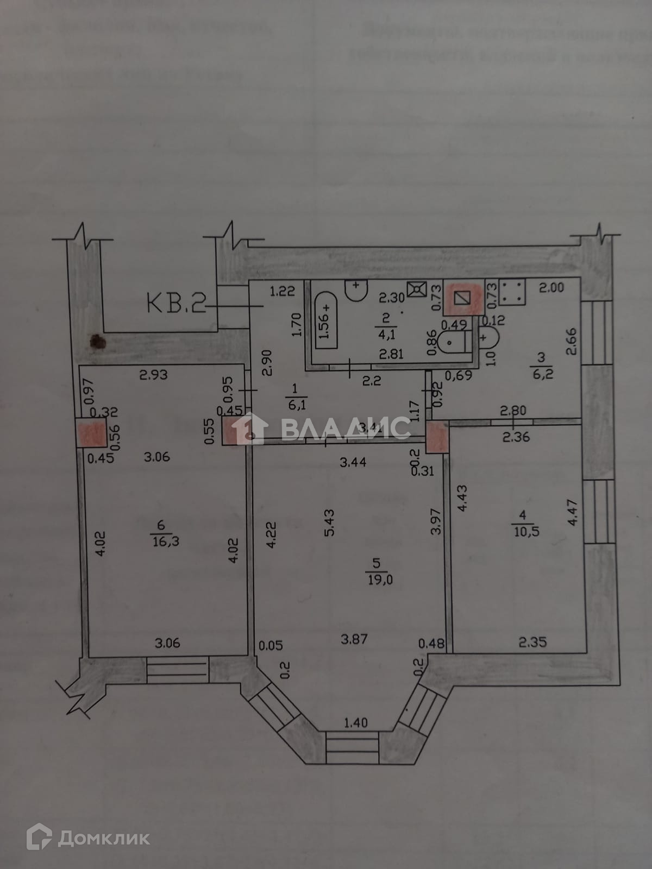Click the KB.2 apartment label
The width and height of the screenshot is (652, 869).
(175, 304)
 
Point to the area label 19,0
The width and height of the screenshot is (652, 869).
(380, 580)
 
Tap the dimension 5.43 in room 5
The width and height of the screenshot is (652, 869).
(328, 522)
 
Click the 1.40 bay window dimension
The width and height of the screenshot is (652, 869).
(355, 723)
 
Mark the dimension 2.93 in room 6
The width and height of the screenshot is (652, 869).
(153, 374)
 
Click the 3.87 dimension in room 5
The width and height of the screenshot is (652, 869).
(354, 639)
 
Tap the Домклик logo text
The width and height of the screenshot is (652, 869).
(103, 838)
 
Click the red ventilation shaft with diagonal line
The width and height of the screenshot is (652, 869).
(462, 299)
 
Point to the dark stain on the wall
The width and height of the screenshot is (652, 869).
(98, 342)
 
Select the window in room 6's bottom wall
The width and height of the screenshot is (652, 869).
(178, 670)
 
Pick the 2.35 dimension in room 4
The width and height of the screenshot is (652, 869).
(532, 643)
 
